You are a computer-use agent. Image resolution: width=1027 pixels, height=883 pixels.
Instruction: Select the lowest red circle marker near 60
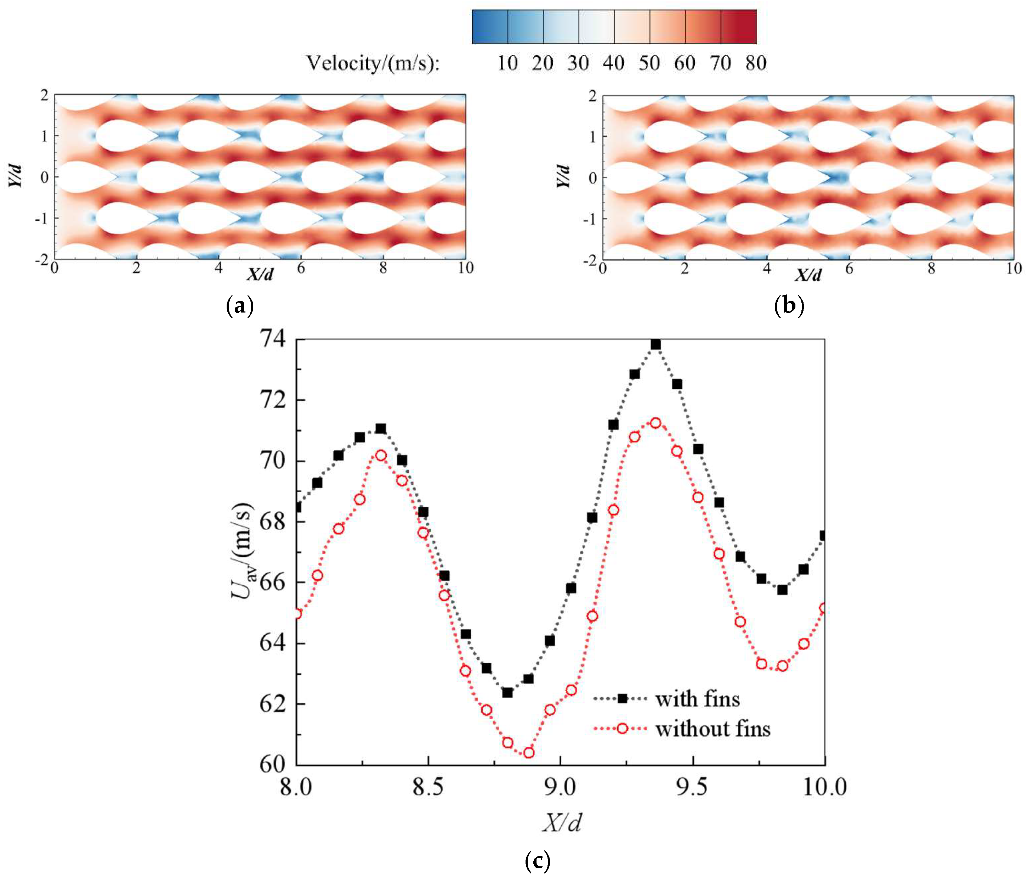[528, 753]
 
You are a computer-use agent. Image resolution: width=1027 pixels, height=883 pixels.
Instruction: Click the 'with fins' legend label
[697, 699]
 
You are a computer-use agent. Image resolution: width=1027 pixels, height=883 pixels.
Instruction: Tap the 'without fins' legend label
[713, 729]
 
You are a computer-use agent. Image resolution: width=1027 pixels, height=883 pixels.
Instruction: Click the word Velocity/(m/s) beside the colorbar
[373, 63]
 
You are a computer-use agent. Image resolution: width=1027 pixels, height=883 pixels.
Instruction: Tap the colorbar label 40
[614, 63]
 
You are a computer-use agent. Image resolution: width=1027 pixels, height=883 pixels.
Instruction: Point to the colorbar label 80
[756, 63]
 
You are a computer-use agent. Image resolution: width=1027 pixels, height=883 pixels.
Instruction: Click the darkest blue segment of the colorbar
[490, 27]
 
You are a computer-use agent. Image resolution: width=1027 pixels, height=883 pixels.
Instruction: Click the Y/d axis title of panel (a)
[15, 176]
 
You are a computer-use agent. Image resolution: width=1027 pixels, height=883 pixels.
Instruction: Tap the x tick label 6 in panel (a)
[300, 268]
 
